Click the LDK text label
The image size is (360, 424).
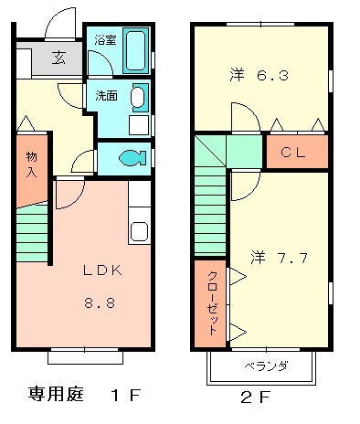[x=103, y=271]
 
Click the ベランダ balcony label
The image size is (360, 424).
[x=266, y=366]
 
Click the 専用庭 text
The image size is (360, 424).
[x=57, y=395]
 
